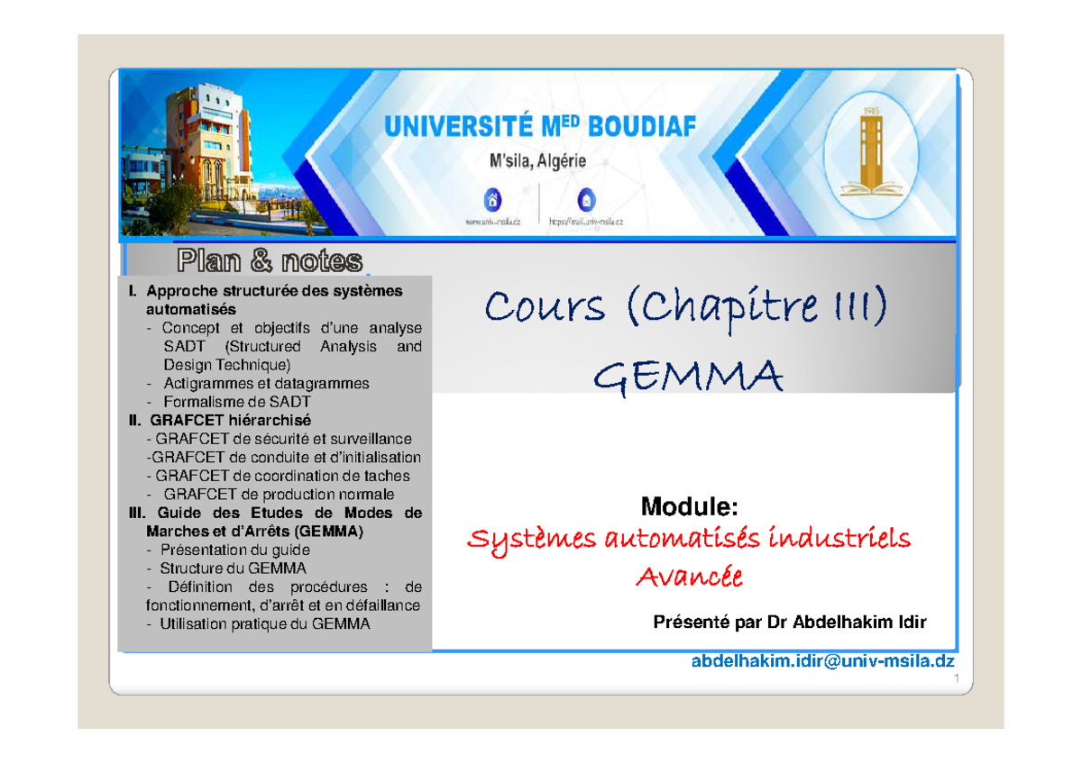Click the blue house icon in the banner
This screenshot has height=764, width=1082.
[492, 200]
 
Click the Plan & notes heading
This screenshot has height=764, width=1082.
[270, 261]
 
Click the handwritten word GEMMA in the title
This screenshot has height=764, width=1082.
[688, 377]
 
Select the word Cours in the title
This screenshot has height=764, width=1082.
[545, 308]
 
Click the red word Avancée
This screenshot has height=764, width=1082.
[689, 577]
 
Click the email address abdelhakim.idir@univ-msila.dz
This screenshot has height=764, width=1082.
[822, 661]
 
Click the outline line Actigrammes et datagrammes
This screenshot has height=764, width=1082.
[266, 383]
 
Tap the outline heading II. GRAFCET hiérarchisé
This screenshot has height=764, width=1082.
[219, 420]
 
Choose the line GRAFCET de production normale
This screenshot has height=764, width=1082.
[279, 494]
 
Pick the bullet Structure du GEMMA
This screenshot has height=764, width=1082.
[233, 568]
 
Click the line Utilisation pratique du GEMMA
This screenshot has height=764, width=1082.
[264, 623]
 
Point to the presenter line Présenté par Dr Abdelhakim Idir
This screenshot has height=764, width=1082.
[793, 623]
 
